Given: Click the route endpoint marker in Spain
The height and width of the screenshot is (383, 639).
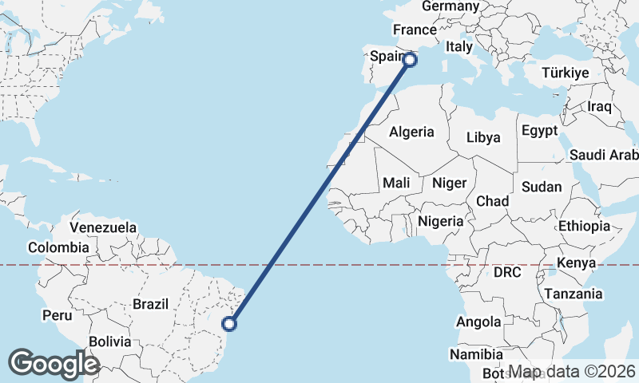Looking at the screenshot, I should pyautogui.click(x=411, y=59).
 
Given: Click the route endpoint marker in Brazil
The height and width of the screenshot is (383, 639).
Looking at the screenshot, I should pyautogui.click(x=229, y=323).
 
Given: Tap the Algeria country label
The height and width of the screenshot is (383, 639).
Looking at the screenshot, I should pyautogui.click(x=411, y=132).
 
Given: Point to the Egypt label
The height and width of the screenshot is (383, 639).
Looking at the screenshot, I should pyautogui.click(x=539, y=130).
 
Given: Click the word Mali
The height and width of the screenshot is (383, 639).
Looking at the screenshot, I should pyautogui.click(x=396, y=183).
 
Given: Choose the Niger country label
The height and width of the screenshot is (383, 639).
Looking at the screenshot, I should pyautogui.click(x=449, y=183).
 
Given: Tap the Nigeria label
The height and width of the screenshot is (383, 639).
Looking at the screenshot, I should pyautogui.click(x=440, y=221).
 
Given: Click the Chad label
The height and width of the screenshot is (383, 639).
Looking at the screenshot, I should pyautogui.click(x=492, y=201).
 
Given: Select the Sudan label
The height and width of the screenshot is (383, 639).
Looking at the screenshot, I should pyautogui.click(x=541, y=187).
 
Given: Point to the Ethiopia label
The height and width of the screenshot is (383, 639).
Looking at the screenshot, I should pyautogui.click(x=584, y=226).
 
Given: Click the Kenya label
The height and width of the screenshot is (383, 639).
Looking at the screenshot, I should pyautogui.click(x=577, y=263).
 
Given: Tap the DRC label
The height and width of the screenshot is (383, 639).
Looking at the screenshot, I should pyautogui.click(x=507, y=272).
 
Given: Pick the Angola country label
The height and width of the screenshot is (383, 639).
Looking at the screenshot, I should pyautogui.click(x=478, y=322).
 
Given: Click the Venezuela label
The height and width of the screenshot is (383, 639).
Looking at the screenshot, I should pyautogui.click(x=104, y=227).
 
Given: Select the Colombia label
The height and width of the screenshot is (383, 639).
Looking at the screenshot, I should pyautogui.click(x=58, y=247).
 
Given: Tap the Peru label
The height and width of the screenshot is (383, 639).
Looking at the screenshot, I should pyautogui.click(x=58, y=315).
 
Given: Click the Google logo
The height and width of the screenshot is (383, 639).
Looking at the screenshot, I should pyautogui.click(x=54, y=363).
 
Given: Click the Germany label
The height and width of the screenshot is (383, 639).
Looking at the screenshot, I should pyautogui.click(x=450, y=6).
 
